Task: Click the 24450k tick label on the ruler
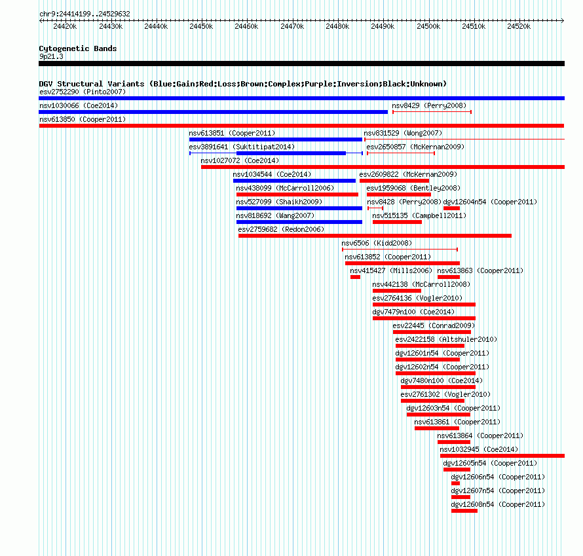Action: (x=201, y=26)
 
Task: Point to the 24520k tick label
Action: (x=519, y=26)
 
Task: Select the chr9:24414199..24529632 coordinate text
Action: (x=85, y=14)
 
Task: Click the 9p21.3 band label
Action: (x=51, y=56)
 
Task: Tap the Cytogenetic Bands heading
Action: (x=78, y=48)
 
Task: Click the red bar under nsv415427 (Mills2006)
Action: (x=355, y=277)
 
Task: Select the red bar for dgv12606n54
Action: (x=455, y=483)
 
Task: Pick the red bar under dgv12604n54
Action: (x=452, y=208)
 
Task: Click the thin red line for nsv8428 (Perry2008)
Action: (x=375, y=208)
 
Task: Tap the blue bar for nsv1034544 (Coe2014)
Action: (x=295, y=181)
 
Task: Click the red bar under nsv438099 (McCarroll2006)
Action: (x=297, y=195)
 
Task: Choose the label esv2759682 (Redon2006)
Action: (x=281, y=229)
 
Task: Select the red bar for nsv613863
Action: (x=449, y=277)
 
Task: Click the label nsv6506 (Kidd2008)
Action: (x=377, y=243)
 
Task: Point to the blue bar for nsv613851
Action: (x=276, y=139)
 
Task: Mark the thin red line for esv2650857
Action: (x=401, y=153)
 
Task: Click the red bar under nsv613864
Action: (x=454, y=442)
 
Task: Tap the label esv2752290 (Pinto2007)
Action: (x=83, y=92)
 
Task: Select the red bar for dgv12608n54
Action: (x=464, y=511)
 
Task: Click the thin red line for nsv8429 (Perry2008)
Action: (x=432, y=112)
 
